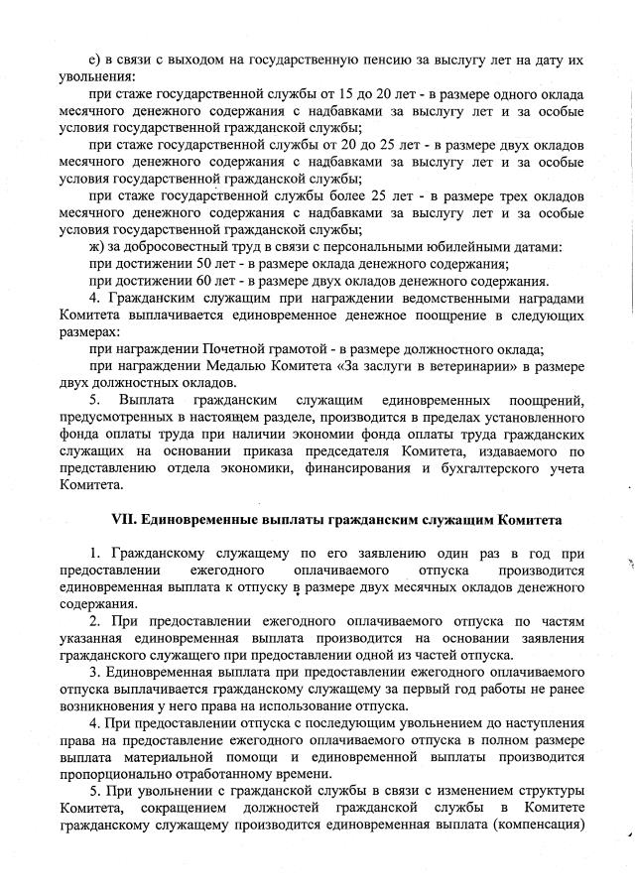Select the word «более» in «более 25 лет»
pos(325,195)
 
